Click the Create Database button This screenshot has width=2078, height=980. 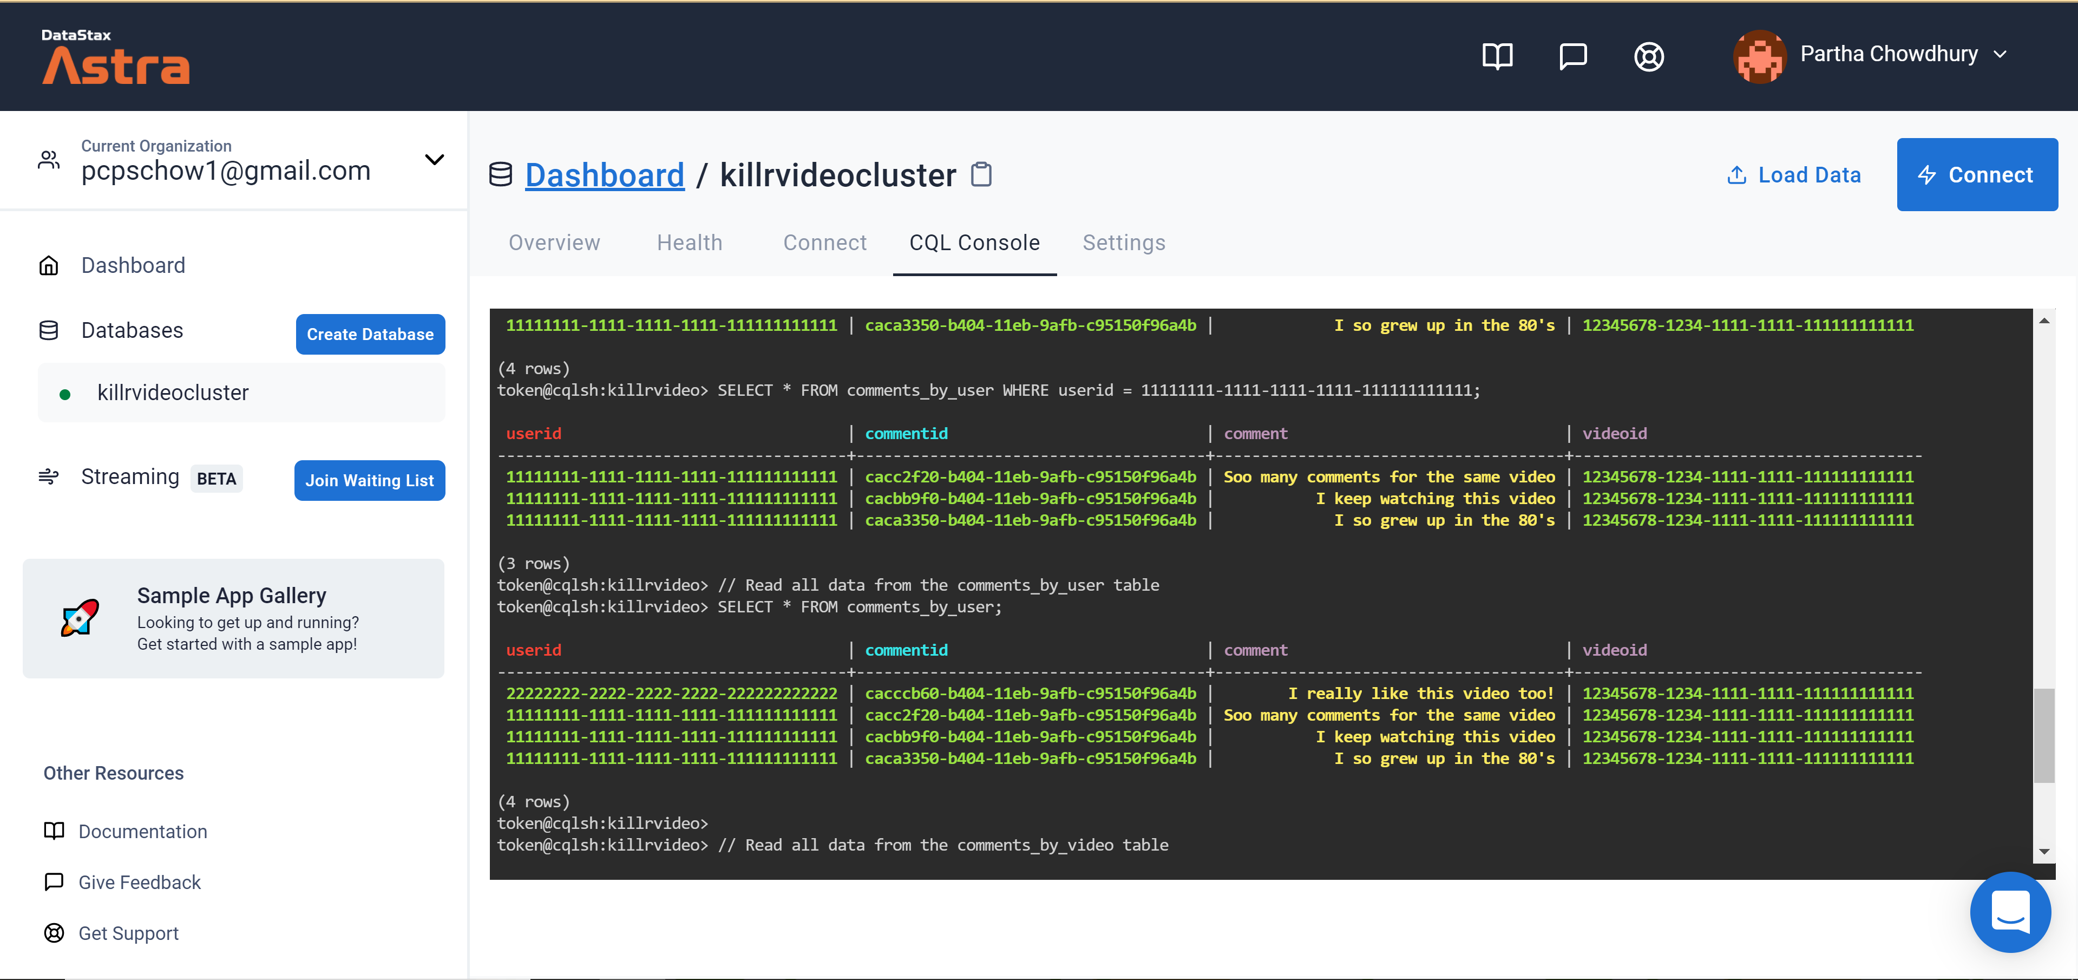[370, 334]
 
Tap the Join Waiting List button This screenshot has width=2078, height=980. [370, 480]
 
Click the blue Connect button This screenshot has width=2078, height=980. [1976, 174]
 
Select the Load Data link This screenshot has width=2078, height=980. [1793, 174]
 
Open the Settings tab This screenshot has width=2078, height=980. [1124, 243]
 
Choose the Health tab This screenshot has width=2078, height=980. [689, 243]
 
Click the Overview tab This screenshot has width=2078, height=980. [554, 243]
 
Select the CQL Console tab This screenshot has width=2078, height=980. [974, 243]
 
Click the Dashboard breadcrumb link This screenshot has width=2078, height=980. [604, 175]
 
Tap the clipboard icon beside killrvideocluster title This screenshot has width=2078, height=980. [981, 174]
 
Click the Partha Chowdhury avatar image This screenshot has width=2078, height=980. [1759, 56]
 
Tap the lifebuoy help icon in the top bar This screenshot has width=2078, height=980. [1649, 56]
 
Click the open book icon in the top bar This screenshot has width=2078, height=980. [1497, 56]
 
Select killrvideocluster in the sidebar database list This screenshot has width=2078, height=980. [173, 393]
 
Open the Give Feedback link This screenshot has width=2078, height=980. [139, 883]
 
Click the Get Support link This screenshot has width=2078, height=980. [128, 933]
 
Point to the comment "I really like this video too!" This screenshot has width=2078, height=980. [1420, 694]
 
